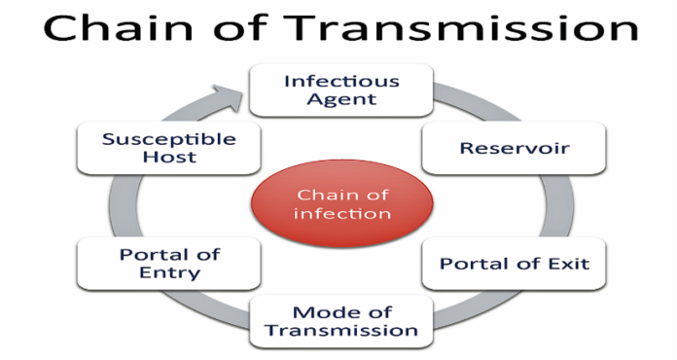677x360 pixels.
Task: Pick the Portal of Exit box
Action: point(514,264)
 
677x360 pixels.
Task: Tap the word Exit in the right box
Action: point(568,264)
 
